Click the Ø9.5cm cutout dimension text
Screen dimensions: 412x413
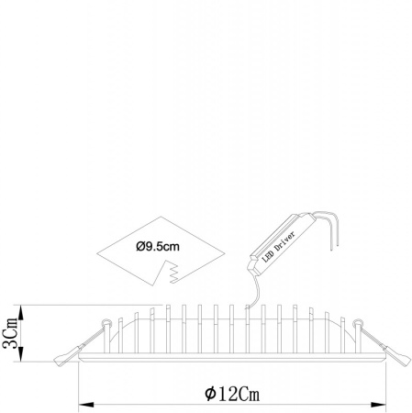click(x=158, y=246)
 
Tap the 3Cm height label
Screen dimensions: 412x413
click(x=9, y=333)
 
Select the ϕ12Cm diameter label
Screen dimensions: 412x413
click(x=232, y=394)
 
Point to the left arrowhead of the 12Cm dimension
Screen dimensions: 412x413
click(x=86, y=405)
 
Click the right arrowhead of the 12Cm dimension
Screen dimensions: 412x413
click(x=378, y=405)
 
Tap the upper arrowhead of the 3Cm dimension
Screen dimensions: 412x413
click(x=21, y=313)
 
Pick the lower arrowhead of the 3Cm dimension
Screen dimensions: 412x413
click(x=21, y=353)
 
